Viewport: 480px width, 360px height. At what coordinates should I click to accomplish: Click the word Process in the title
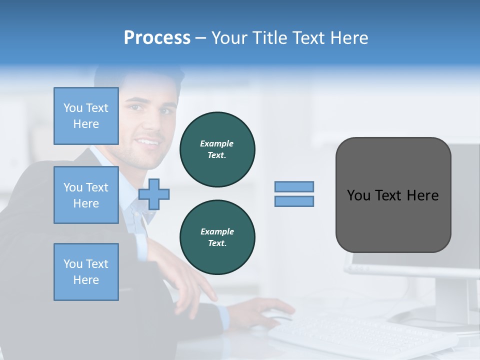(157, 38)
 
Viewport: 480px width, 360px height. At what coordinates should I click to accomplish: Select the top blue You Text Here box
(86, 116)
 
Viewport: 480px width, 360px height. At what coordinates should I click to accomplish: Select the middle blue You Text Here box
(86, 195)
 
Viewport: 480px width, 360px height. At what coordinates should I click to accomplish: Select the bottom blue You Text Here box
(86, 272)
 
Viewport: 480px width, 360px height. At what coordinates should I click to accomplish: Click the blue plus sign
(154, 194)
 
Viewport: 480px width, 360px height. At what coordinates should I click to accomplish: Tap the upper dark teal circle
(217, 149)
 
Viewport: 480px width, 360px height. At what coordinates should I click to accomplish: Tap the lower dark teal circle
(217, 237)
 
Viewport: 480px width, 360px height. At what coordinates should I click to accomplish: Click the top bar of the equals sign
(294, 186)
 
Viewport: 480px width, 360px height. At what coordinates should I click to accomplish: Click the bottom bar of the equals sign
(294, 201)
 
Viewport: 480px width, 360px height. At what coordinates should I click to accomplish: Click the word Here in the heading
(350, 38)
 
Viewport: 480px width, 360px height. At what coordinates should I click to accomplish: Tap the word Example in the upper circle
(217, 143)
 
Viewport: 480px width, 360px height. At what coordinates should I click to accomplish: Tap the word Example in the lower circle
(217, 231)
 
